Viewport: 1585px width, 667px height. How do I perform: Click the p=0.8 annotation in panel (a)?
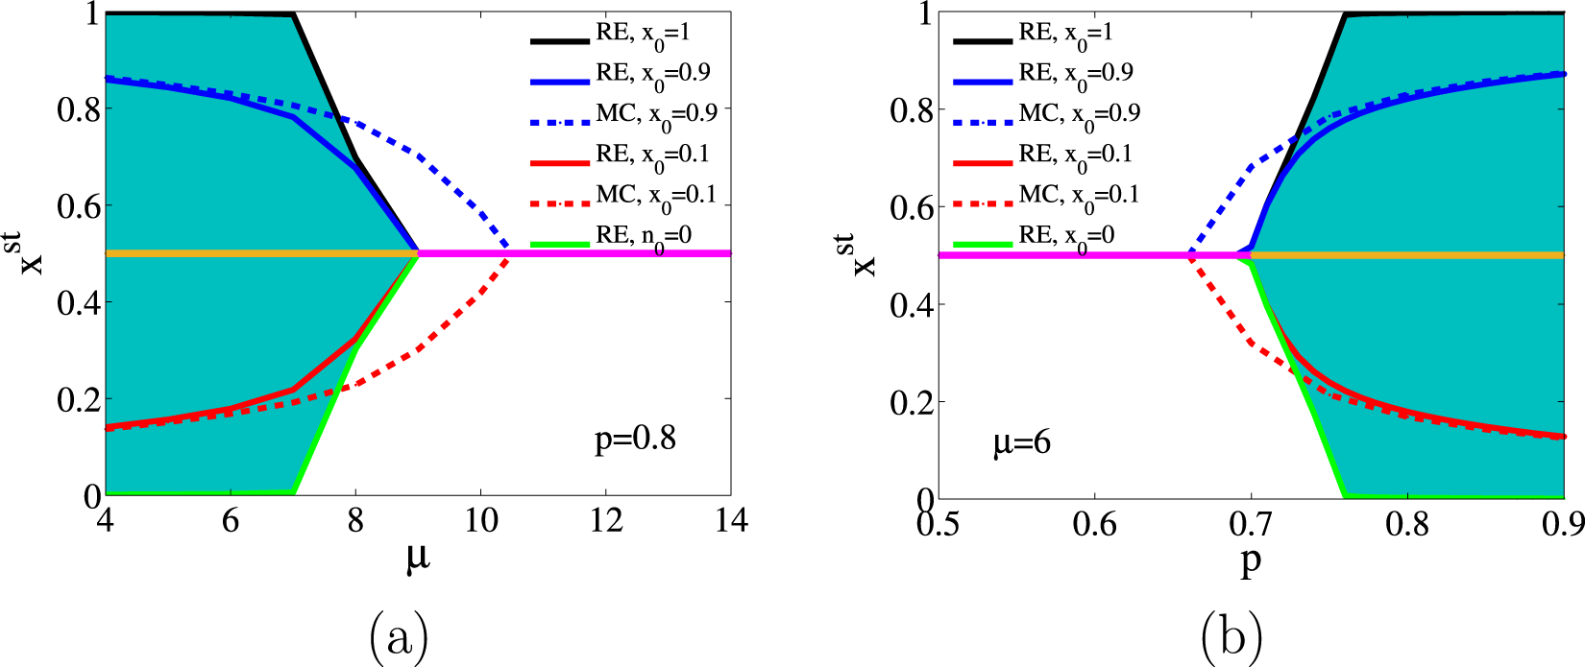(635, 440)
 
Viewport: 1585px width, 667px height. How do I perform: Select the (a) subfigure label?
(398, 635)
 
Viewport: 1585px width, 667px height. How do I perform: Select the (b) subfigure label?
(1231, 635)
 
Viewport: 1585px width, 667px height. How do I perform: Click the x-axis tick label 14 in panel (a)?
(730, 520)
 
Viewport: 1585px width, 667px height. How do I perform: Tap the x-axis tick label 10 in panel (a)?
(480, 520)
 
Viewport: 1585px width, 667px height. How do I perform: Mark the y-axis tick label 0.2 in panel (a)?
(79, 400)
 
